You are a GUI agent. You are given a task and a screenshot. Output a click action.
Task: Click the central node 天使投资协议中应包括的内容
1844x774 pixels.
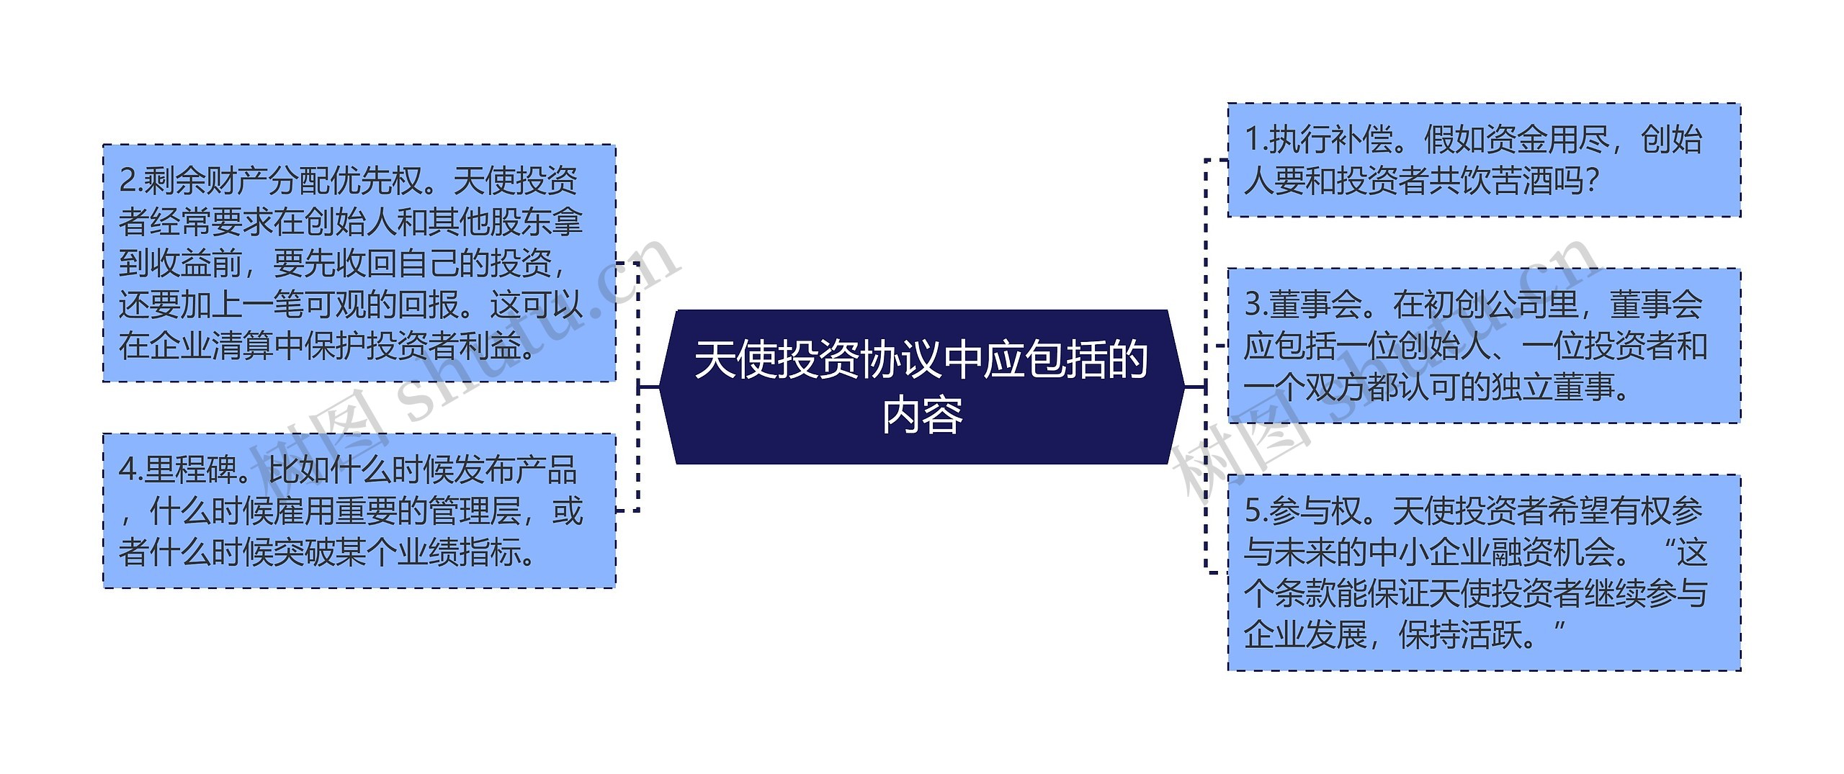tap(922, 387)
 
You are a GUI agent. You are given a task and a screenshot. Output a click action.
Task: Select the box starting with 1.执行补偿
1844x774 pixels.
tap(1484, 160)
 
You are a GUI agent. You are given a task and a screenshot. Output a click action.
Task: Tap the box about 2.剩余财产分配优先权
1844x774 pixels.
tap(359, 264)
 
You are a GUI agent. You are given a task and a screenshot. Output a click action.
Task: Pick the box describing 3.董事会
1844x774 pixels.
tap(1484, 346)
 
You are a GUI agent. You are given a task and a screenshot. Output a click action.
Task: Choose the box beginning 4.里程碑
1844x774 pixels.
tap(359, 511)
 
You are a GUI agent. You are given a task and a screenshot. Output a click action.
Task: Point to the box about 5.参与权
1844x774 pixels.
tap(1484, 573)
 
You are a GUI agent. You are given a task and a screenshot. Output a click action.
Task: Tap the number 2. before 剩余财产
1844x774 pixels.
tap(131, 181)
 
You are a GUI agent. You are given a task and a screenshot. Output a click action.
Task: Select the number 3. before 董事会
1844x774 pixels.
tap(1256, 305)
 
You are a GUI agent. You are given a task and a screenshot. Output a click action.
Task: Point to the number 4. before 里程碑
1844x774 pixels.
tap(131, 470)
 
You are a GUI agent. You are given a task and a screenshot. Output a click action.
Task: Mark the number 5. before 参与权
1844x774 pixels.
tap(1256, 510)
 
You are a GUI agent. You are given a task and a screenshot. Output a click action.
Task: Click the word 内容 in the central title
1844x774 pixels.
tap(923, 415)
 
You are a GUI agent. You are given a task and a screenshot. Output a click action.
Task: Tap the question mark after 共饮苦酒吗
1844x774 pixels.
tap(1593, 181)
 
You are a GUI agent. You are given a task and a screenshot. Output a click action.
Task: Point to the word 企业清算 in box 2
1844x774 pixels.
tap(212, 346)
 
